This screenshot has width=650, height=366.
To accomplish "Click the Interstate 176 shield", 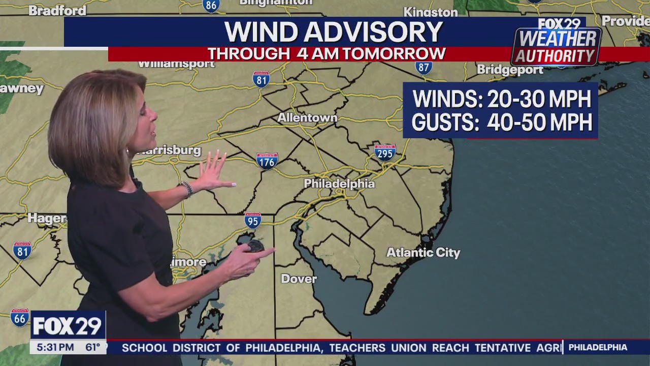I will point(267,161).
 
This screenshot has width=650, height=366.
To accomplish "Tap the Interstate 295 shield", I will point(385,152).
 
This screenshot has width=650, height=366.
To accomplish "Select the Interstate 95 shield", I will point(252,220).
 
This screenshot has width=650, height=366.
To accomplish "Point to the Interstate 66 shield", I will point(20,318).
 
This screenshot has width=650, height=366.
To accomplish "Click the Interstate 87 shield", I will point(424,67).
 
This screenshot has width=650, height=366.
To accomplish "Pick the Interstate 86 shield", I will point(211,6).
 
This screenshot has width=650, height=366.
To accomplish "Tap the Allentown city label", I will point(307,118).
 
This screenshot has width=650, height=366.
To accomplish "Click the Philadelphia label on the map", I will point(339,184).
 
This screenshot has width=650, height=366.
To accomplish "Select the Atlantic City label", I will point(423,253).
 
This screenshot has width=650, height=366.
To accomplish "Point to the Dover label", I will point(299,279).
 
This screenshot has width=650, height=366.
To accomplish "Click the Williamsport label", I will point(177,64).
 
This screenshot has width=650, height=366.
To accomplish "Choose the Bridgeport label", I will point(510,70).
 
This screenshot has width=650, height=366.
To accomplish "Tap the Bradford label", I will point(57,11).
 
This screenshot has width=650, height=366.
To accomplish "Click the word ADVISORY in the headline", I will point(379,33).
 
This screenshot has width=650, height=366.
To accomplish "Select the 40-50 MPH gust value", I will point(539,123).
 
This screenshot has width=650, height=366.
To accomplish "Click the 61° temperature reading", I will point(92,348).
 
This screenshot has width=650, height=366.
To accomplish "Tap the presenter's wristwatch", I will point(186,189).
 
